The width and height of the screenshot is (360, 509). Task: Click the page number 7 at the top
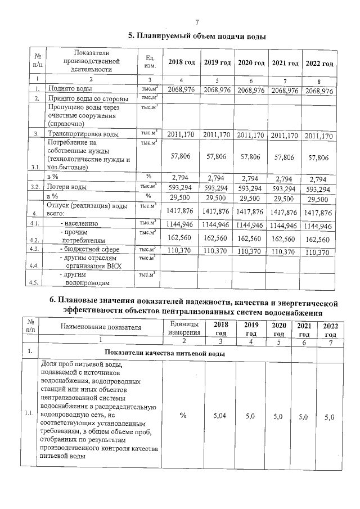click(197, 22)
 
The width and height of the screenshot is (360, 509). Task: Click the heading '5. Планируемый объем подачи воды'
click(197, 36)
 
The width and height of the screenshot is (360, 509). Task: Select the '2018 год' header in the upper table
click(182, 62)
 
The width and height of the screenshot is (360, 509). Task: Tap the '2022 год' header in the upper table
click(319, 62)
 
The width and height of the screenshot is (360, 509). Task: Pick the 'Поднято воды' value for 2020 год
click(251, 90)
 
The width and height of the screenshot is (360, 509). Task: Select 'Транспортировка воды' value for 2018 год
click(182, 135)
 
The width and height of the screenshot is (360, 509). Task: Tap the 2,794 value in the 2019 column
click(217, 178)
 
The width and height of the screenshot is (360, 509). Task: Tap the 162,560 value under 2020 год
click(251, 237)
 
